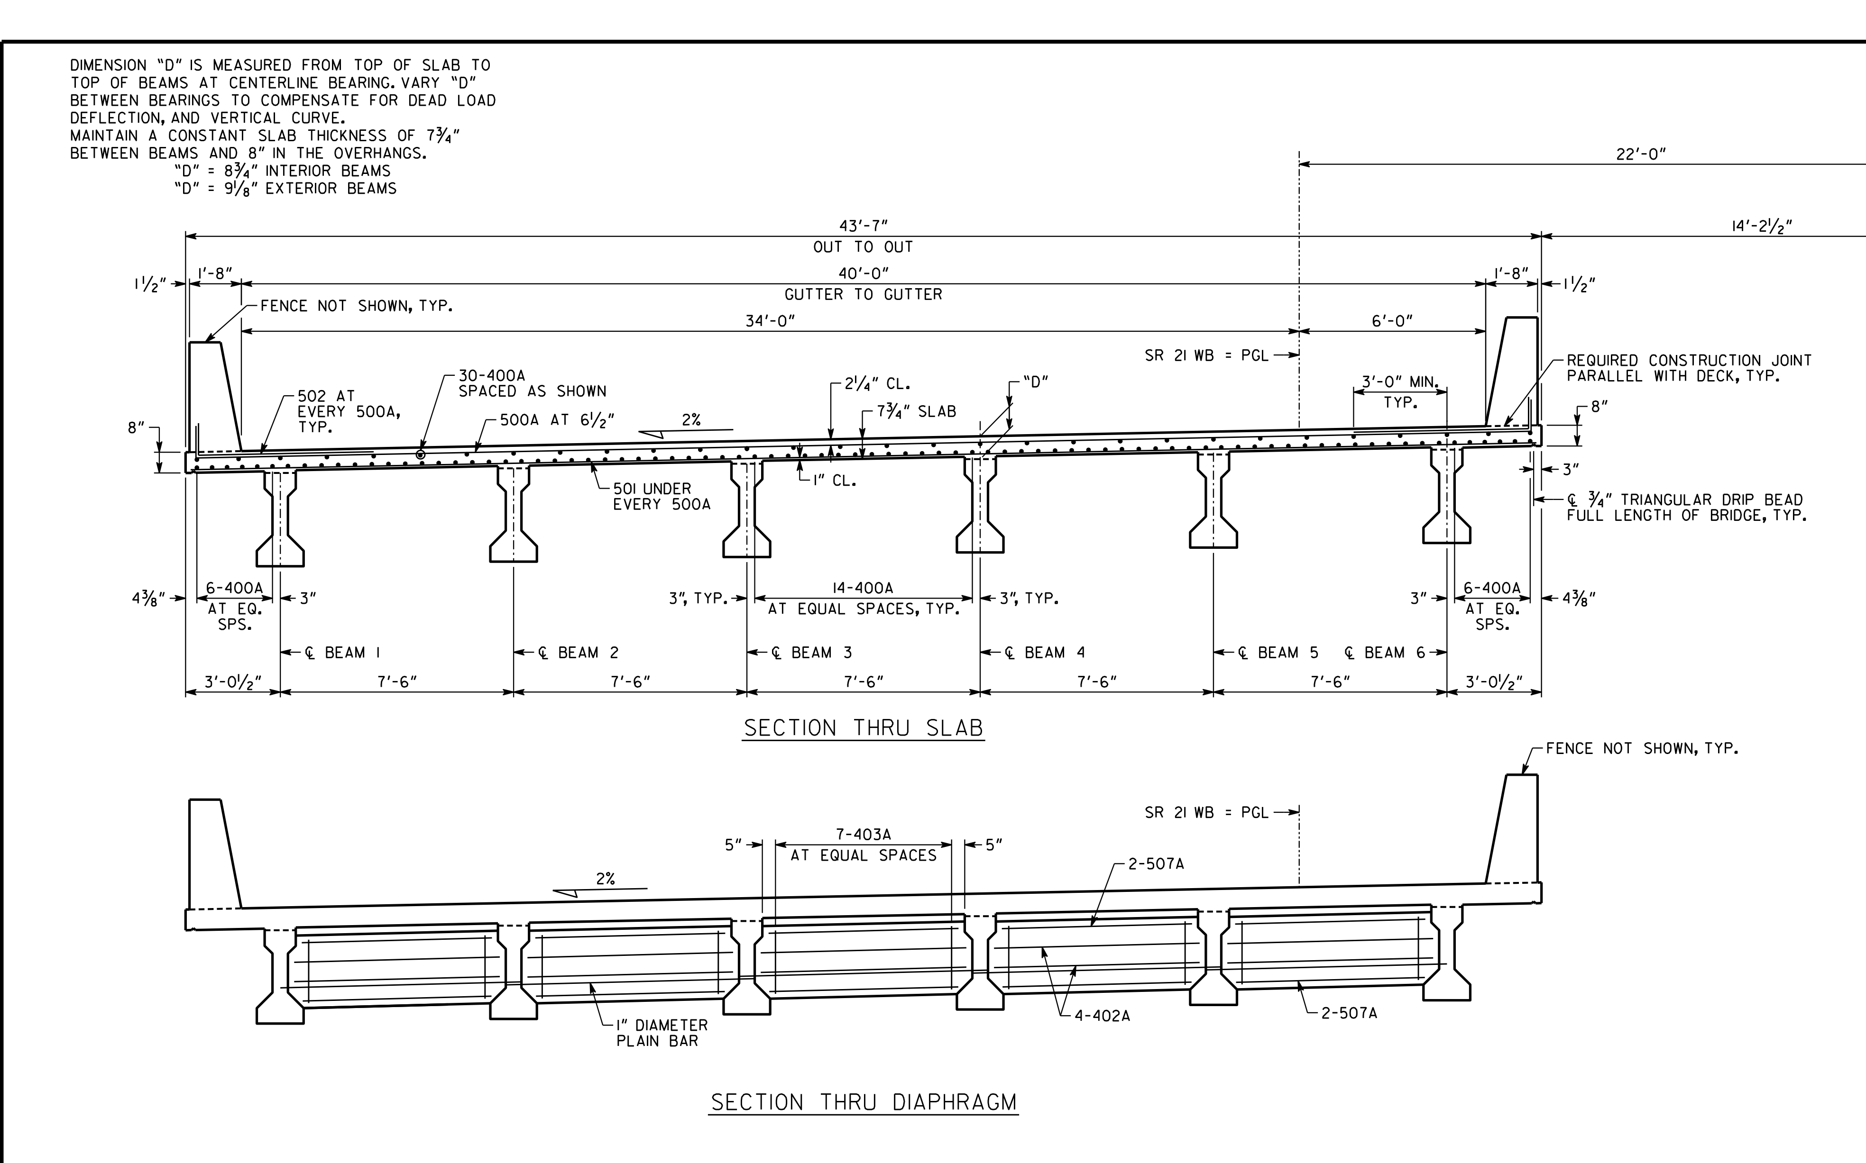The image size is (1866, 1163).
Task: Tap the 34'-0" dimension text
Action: (x=770, y=321)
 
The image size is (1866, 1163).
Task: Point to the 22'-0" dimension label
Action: (x=1641, y=154)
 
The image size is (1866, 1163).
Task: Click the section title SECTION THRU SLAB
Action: (x=864, y=727)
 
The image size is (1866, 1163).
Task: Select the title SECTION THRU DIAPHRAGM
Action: (x=864, y=1102)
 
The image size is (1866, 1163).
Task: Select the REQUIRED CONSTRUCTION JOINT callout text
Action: (x=1689, y=368)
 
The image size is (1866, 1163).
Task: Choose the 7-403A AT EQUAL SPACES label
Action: (x=864, y=845)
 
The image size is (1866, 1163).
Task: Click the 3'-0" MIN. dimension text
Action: (x=1400, y=382)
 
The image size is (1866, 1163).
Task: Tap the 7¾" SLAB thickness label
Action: (x=917, y=411)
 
